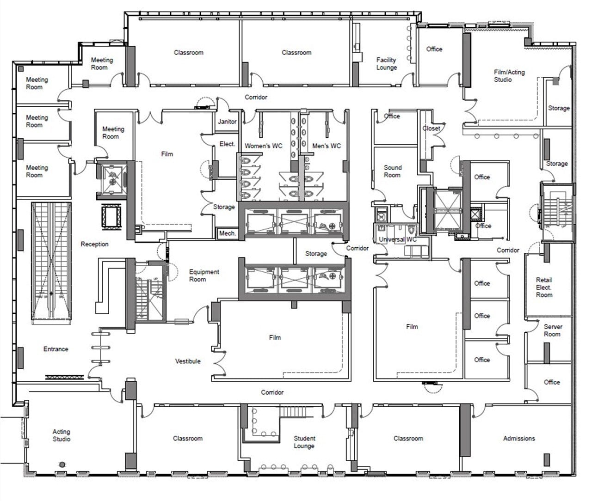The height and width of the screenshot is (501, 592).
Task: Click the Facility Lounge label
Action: pyautogui.click(x=386, y=64)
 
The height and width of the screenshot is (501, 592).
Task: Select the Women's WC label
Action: pyautogui.click(x=263, y=146)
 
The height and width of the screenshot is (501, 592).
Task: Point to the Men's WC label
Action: pyautogui.click(x=326, y=146)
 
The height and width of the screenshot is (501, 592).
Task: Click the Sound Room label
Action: pyautogui.click(x=392, y=171)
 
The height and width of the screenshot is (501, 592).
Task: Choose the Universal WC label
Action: pyautogui.click(x=397, y=239)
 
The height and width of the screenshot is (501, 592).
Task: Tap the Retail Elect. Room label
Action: pyautogui.click(x=544, y=287)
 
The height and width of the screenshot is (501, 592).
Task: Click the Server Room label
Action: pyautogui.click(x=552, y=330)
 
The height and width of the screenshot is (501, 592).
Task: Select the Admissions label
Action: pyautogui.click(x=519, y=438)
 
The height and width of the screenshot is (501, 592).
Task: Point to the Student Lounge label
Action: pyautogui.click(x=304, y=442)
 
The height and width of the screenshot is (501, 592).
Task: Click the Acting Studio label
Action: pyautogui.click(x=62, y=435)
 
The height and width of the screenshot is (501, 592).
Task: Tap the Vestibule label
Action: pyautogui.click(x=188, y=361)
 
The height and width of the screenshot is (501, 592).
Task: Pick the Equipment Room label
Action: pyautogui.click(x=204, y=275)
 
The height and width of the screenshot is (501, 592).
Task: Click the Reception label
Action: pyautogui.click(x=94, y=244)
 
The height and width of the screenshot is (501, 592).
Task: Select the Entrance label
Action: pyautogui.click(x=55, y=349)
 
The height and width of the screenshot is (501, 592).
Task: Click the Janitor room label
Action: pyautogui.click(x=227, y=122)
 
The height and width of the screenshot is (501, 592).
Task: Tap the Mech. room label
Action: pyautogui.click(x=227, y=233)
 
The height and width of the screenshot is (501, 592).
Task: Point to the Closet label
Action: pyautogui.click(x=431, y=128)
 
